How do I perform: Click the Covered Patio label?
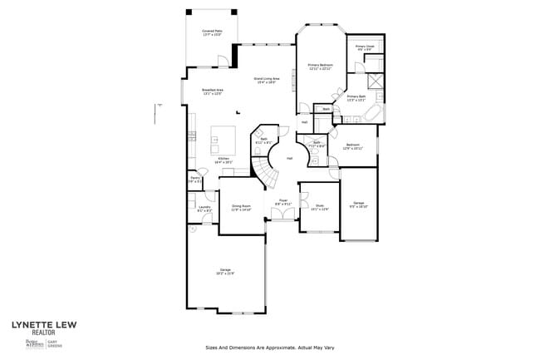coord(211,33)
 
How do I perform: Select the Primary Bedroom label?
coord(320,67)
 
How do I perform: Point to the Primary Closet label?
coord(365,48)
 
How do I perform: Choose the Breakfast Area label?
coord(212,91)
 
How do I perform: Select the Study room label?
coord(319,208)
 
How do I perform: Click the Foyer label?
coord(282,202)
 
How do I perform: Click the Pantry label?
coord(193,179)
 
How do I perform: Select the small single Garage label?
coord(359,204)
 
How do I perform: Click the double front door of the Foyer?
coord(282,216)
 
